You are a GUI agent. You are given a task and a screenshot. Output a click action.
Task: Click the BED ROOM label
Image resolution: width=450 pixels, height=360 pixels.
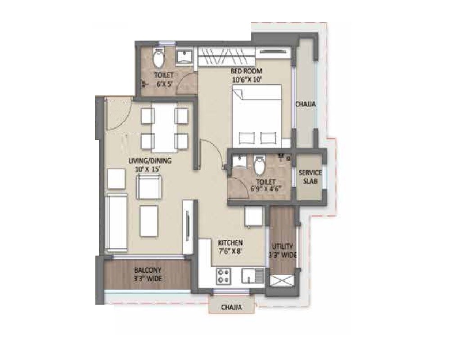pyautogui.click(x=247, y=71)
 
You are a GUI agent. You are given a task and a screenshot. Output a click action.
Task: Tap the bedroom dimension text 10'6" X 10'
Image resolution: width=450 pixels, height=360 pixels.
pyautogui.click(x=247, y=80)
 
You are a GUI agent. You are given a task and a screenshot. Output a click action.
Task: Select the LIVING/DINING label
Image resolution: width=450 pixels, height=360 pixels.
pyautogui.click(x=144, y=161)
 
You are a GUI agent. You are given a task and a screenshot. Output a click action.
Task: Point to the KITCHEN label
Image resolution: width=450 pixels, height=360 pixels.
pyautogui.click(x=231, y=243)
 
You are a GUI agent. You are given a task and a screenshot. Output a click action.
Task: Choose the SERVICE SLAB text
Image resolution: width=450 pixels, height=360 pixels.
pyautogui.click(x=310, y=177)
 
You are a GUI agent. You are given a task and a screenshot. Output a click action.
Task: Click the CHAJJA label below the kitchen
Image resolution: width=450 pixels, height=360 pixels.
pyautogui.click(x=232, y=308)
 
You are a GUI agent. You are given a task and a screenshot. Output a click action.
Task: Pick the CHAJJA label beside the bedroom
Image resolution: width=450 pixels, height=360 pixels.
pyautogui.click(x=306, y=104)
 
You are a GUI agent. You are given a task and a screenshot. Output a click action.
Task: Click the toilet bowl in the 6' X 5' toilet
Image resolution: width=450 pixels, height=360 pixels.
pyautogui.click(x=158, y=58)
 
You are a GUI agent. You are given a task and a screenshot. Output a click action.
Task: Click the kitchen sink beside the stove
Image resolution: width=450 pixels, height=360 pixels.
pyautogui.click(x=252, y=275)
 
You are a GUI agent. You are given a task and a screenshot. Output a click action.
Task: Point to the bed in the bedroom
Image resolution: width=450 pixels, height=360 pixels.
pyautogui.click(x=256, y=115)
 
